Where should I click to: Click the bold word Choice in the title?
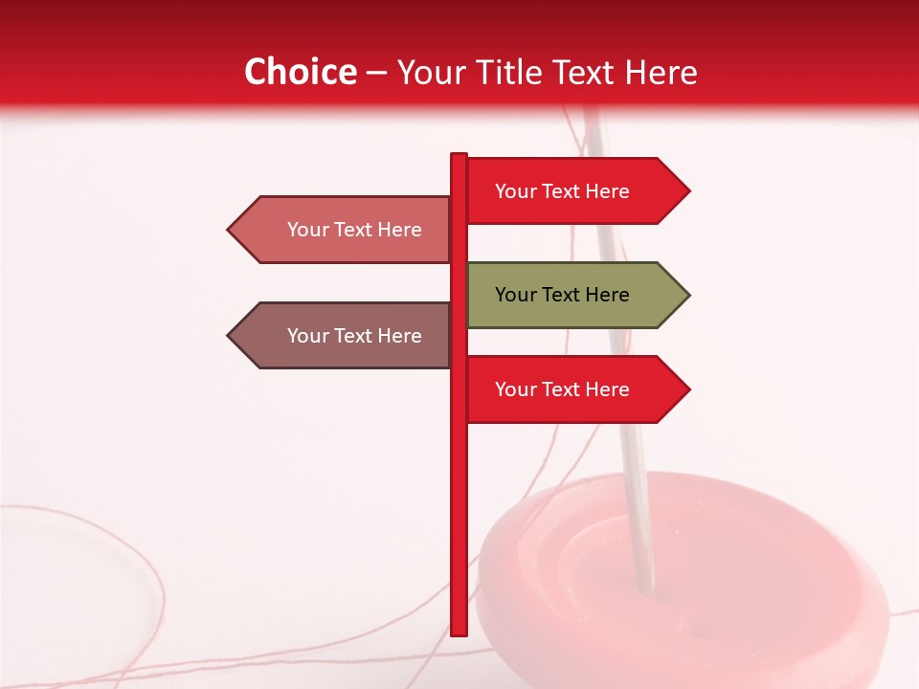pyautogui.click(x=300, y=73)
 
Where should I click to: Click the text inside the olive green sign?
pyautogui.click(x=562, y=295)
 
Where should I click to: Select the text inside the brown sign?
pyautogui.click(x=354, y=336)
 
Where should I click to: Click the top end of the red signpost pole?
pyautogui.click(x=459, y=156)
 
